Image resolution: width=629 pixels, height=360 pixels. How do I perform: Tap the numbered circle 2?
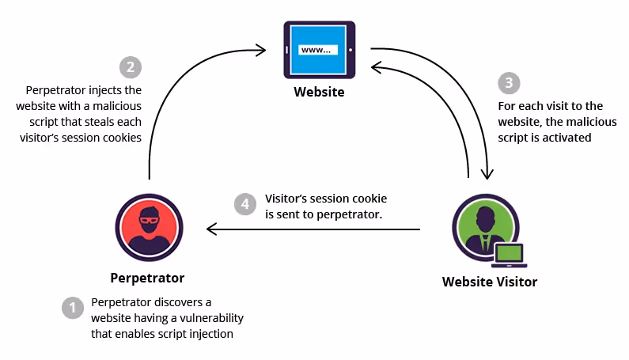tap(130, 67)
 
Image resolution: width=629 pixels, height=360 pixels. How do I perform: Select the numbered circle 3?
tap(509, 83)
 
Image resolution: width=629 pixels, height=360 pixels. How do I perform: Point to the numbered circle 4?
tap(246, 203)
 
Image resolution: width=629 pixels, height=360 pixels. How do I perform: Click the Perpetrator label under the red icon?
tap(147, 278)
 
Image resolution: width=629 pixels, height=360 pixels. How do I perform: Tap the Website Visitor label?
tap(489, 282)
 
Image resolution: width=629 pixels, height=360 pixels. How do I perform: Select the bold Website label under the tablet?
tap(319, 92)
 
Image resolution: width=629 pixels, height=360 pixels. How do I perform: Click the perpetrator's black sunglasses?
tap(149, 218)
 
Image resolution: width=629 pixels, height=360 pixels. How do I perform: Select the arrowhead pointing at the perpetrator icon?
tap(210, 229)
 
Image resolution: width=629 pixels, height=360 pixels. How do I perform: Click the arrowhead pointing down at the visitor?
tap(491, 176)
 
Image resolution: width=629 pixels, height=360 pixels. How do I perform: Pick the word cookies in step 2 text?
tap(125, 137)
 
